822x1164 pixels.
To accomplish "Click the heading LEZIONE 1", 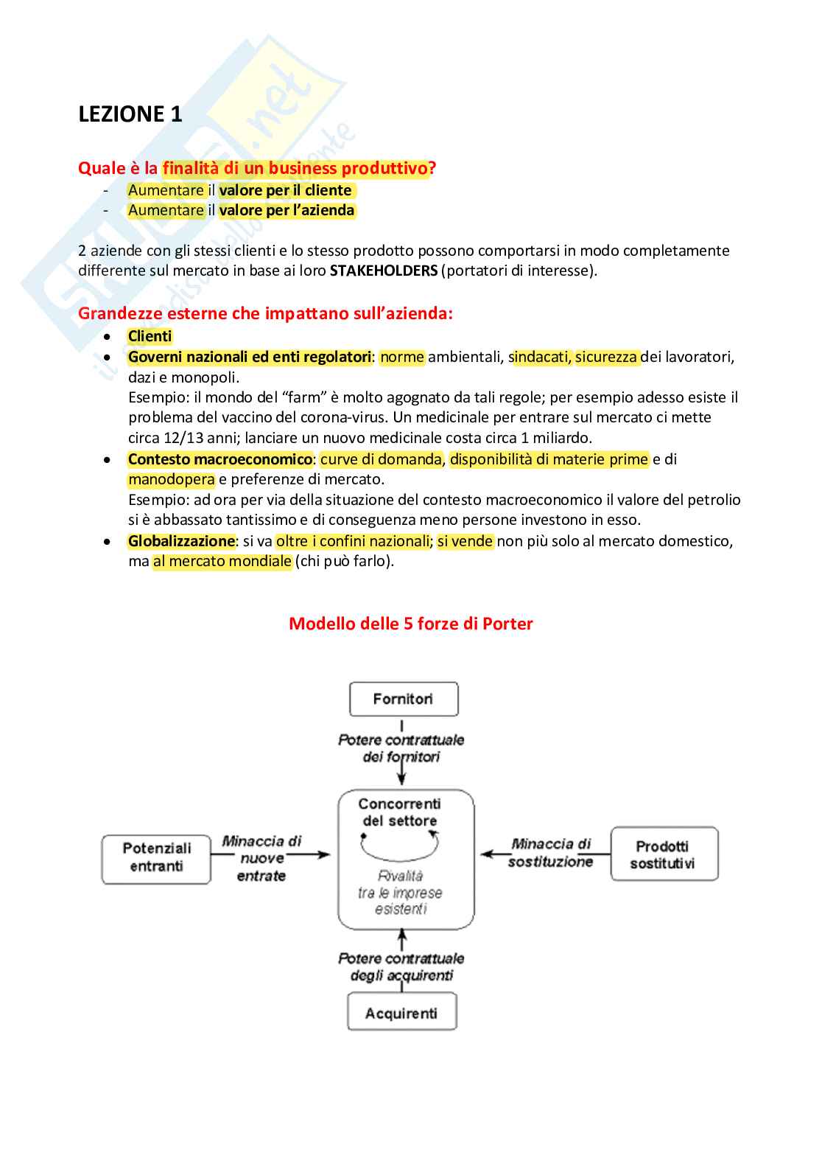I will [130, 114].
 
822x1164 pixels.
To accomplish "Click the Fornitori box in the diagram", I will [404, 699].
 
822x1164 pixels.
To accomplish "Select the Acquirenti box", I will [401, 1013].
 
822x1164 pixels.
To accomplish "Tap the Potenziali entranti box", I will [156, 857].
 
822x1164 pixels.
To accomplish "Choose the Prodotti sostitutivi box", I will [664, 854].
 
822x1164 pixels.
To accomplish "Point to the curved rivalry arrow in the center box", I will [400, 848].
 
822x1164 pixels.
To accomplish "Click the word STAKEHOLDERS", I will [383, 271].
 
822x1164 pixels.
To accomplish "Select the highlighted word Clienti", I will [150, 336].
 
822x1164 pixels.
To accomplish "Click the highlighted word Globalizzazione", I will [181, 541].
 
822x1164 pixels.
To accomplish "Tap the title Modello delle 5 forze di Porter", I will [410, 624].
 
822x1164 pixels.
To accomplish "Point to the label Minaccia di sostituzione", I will [551, 853].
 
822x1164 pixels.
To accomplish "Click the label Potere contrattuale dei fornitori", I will [401, 748].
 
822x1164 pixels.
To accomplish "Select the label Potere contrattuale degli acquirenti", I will [401, 966].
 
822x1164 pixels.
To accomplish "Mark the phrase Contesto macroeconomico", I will [219, 459].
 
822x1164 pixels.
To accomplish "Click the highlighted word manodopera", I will [172, 479].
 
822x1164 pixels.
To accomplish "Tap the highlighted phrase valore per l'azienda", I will [287, 210].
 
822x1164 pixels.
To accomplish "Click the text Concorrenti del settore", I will [400, 812].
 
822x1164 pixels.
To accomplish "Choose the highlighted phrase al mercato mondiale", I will [222, 561].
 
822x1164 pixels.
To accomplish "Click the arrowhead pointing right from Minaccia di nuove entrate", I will [324, 855].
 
